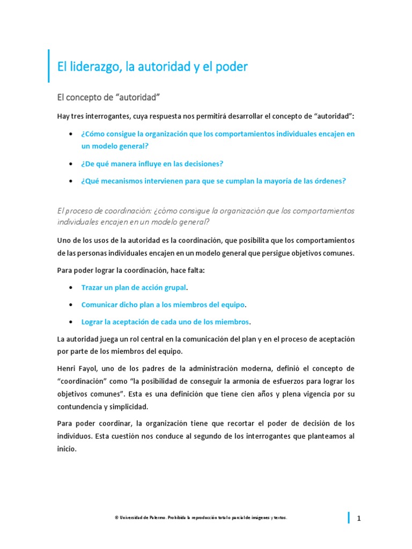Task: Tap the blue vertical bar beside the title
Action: [x=49, y=66]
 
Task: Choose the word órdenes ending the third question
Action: [x=329, y=181]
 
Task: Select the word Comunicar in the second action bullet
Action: [x=100, y=305]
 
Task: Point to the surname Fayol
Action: [x=91, y=369]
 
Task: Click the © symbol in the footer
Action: [x=116, y=518]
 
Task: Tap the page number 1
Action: [x=359, y=518]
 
